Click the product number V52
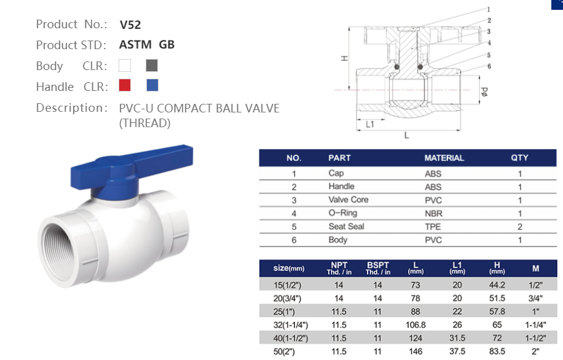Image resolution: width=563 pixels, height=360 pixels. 130,25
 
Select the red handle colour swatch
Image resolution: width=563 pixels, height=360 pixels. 125,85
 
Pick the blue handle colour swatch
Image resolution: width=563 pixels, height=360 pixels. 152,85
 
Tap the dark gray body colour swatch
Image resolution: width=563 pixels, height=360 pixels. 152,65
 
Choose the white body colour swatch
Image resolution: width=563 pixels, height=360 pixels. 125,65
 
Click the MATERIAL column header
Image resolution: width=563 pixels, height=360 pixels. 444,158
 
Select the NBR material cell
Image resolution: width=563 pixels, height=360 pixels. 433,213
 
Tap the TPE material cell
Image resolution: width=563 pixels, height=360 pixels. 433,227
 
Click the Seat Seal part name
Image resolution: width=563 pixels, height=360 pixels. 346,227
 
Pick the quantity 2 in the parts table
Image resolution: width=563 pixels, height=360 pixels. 519,227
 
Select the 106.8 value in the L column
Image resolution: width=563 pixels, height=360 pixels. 416,324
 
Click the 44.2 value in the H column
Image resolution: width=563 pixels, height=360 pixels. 497,285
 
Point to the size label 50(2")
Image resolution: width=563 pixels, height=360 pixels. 291,351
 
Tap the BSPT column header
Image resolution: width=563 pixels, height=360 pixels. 377,268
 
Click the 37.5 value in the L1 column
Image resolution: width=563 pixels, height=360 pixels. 457,351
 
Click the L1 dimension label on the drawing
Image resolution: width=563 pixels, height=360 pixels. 371,123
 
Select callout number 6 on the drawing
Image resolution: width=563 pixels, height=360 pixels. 489,66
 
